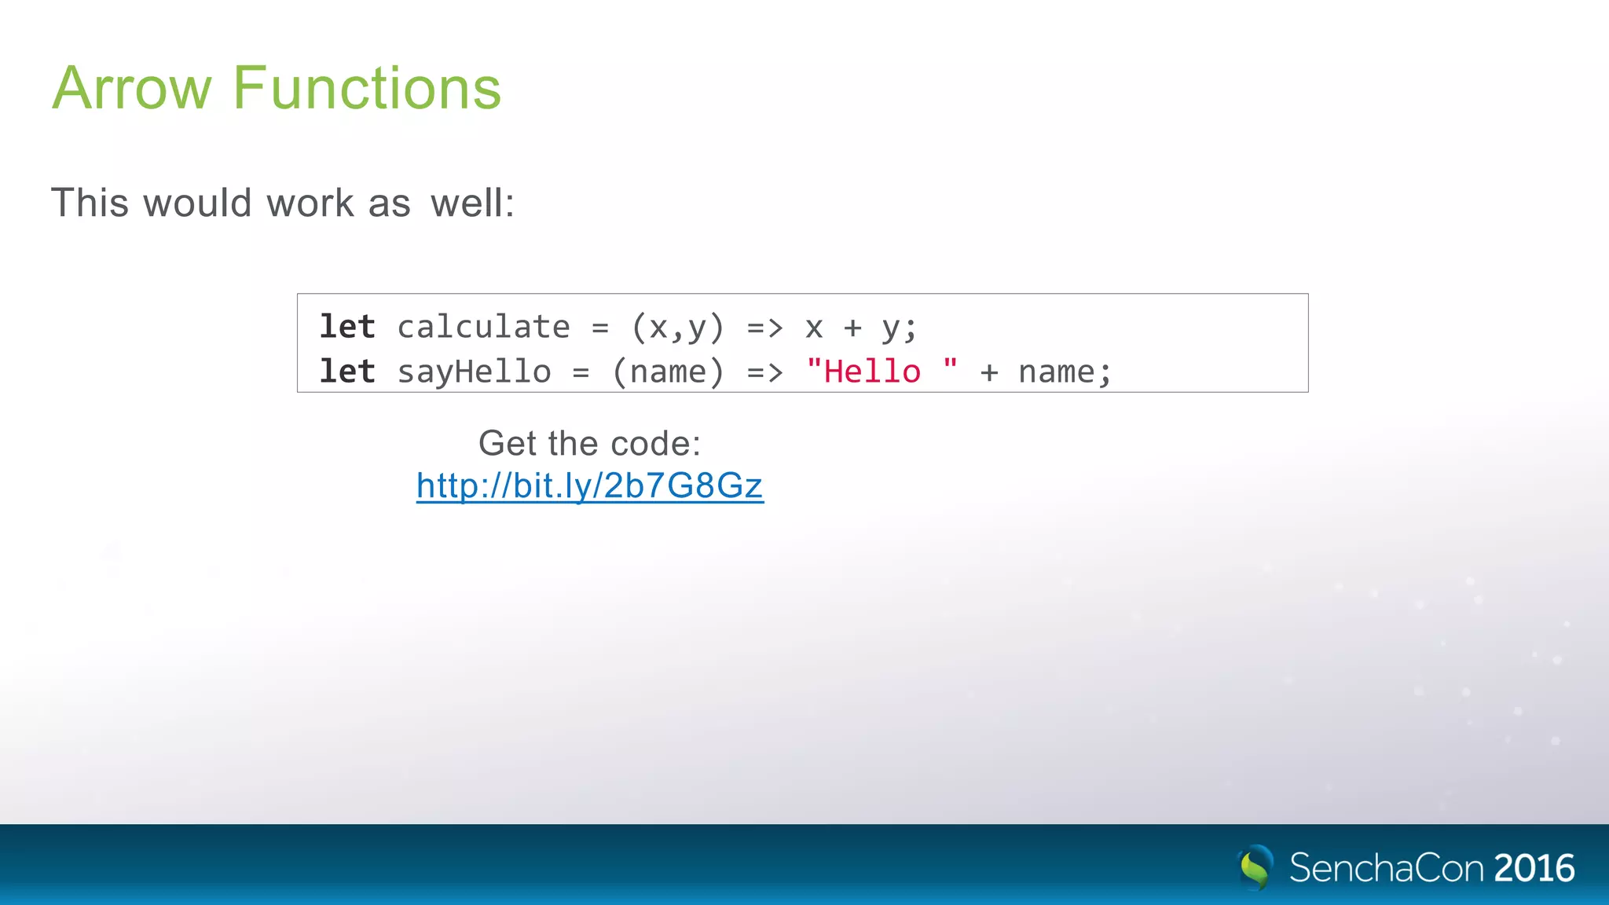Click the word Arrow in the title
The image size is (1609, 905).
click(x=132, y=88)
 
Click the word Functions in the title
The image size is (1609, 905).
click(x=367, y=88)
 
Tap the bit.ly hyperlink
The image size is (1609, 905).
click(x=589, y=485)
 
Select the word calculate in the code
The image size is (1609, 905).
click(x=483, y=327)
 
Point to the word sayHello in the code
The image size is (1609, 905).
click(x=474, y=372)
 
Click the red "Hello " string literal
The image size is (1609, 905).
click(x=881, y=371)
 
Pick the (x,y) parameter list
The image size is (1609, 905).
click(x=677, y=327)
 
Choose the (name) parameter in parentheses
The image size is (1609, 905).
click(x=668, y=372)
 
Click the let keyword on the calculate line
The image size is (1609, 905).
click(x=347, y=327)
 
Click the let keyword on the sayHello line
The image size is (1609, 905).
click(x=347, y=372)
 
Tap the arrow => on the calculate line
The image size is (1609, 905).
click(x=764, y=327)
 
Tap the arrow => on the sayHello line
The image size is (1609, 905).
click(x=764, y=372)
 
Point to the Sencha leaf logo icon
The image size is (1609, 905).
click(x=1255, y=867)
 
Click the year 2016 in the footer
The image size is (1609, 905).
click(x=1534, y=868)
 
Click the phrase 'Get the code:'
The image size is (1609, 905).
click(x=589, y=443)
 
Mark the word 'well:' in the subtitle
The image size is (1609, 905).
click(x=472, y=203)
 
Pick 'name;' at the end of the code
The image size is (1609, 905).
click(x=1065, y=372)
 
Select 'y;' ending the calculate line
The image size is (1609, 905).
click(x=899, y=328)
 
